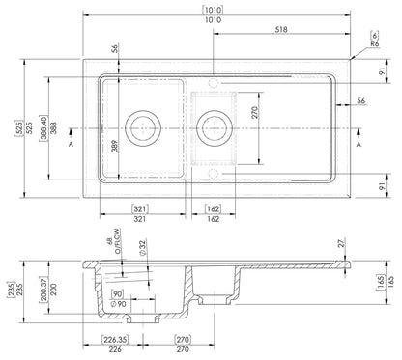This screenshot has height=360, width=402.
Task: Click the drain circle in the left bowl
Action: point(143,125)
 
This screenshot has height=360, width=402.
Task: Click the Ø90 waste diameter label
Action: point(116,306)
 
